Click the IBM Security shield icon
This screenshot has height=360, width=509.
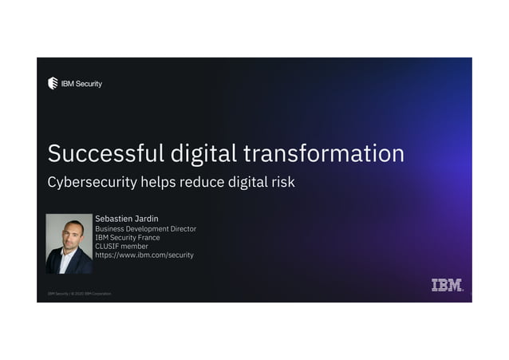click(53, 83)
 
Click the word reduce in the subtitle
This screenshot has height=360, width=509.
click(203, 182)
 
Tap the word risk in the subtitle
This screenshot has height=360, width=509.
click(282, 182)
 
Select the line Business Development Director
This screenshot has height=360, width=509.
click(145, 229)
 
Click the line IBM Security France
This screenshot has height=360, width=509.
click(127, 238)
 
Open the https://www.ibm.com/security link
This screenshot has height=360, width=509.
click(144, 255)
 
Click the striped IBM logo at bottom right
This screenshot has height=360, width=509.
click(447, 285)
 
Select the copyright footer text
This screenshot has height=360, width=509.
click(79, 294)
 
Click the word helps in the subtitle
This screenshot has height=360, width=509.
click(158, 182)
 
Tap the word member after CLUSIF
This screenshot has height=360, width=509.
click(136, 247)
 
